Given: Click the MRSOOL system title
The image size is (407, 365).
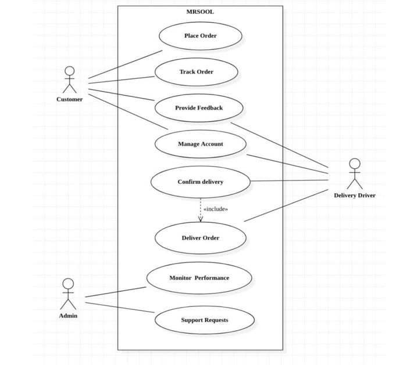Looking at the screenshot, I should coord(200,12).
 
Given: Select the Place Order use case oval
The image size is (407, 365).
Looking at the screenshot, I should coord(200,36).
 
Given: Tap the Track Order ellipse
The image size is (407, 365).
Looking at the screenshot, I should coord(196,72).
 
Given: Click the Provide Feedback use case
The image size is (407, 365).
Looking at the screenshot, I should coord(198,108).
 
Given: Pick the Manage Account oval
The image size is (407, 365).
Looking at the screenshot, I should coord(200,144).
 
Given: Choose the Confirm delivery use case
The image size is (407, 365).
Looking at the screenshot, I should coord(200,182).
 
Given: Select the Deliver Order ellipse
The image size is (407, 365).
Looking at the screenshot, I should coord(200,238).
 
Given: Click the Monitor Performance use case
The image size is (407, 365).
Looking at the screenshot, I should coord(199,278).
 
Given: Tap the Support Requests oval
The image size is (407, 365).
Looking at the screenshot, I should coord(204,320).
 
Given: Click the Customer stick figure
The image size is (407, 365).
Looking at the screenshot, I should coord(70,80).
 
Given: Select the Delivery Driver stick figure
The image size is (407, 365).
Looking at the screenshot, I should coord(354,174).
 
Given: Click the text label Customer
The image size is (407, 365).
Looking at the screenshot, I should coord(69,99).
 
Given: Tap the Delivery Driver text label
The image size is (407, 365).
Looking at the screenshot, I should coord(354,196).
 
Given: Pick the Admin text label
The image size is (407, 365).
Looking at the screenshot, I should coord(68,316).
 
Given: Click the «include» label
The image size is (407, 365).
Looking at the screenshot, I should coord(215,209).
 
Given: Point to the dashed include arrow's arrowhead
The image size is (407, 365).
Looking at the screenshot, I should coord(201,219).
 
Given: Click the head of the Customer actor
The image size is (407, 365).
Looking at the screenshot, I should coord(70,71).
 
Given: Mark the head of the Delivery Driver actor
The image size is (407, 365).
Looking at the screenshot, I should coord(354,164).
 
